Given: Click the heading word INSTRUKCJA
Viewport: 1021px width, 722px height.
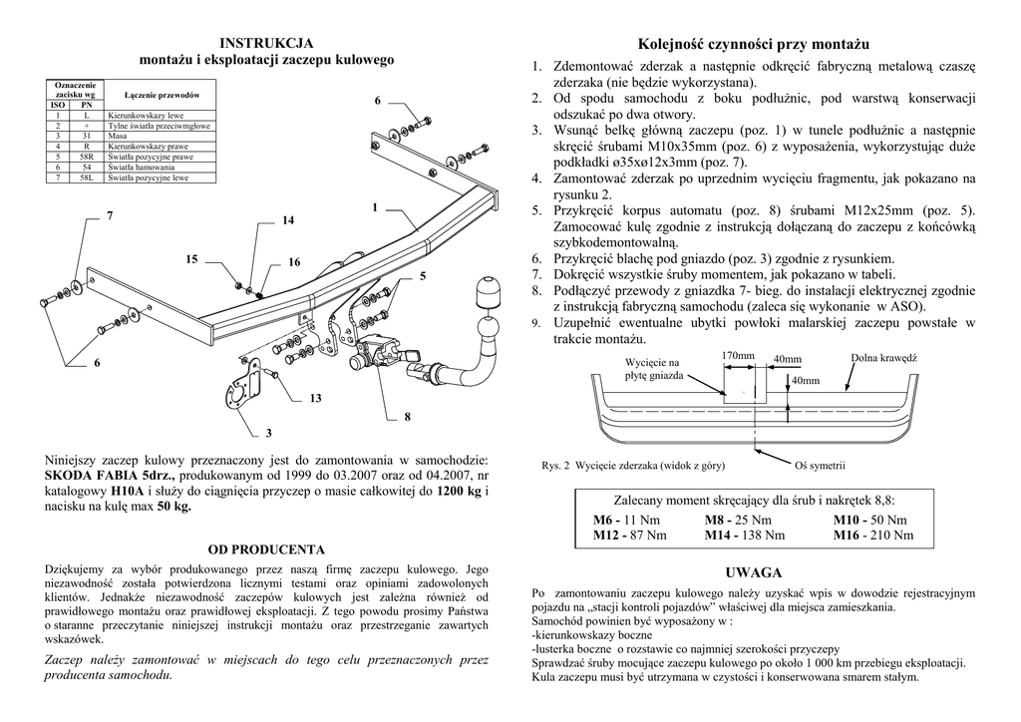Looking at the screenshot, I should coord(266,42).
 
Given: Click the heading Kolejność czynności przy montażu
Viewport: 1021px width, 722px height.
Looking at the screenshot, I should coord(753,45).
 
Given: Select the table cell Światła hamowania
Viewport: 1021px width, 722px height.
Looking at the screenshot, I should coord(139,168).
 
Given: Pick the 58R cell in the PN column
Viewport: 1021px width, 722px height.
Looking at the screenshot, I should coord(87,158).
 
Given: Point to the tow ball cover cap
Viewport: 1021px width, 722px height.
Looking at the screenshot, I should coord(489,295).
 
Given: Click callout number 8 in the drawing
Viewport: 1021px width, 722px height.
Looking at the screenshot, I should coord(407,416).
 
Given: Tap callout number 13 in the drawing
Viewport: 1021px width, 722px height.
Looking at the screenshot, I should coord(316,398).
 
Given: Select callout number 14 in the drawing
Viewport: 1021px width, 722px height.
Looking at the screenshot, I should coord(288,219).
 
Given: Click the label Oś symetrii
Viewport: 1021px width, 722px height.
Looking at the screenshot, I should coord(820,466).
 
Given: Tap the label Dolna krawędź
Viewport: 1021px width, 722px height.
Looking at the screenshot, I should coord(883,358).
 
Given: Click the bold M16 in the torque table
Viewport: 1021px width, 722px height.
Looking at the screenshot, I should coord(849,536).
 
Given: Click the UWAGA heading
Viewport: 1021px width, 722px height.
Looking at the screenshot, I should coord(753,572).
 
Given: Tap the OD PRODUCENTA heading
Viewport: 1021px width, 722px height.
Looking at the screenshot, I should coord(266,549).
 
